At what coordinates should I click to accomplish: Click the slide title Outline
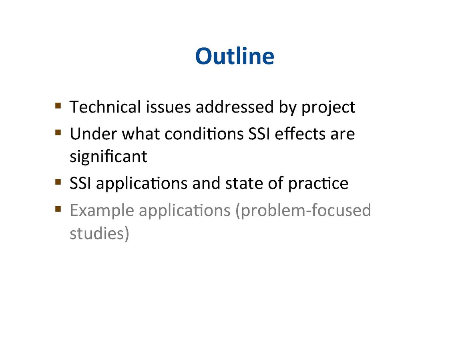[x=235, y=56]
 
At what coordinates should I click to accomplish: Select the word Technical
[x=105, y=107]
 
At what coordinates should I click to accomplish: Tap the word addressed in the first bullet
[x=235, y=107]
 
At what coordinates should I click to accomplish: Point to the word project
[x=328, y=108]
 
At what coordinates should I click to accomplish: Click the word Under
[x=93, y=134]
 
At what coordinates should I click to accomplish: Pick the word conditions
[x=204, y=134]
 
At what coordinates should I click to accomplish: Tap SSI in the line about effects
[x=259, y=134]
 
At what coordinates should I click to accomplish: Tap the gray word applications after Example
[x=185, y=211]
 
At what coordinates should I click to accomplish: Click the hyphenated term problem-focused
[x=303, y=211]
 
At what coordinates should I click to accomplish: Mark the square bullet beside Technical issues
[x=58, y=106]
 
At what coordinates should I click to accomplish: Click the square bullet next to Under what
[x=58, y=132]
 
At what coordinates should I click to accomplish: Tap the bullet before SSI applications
[x=58, y=182]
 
